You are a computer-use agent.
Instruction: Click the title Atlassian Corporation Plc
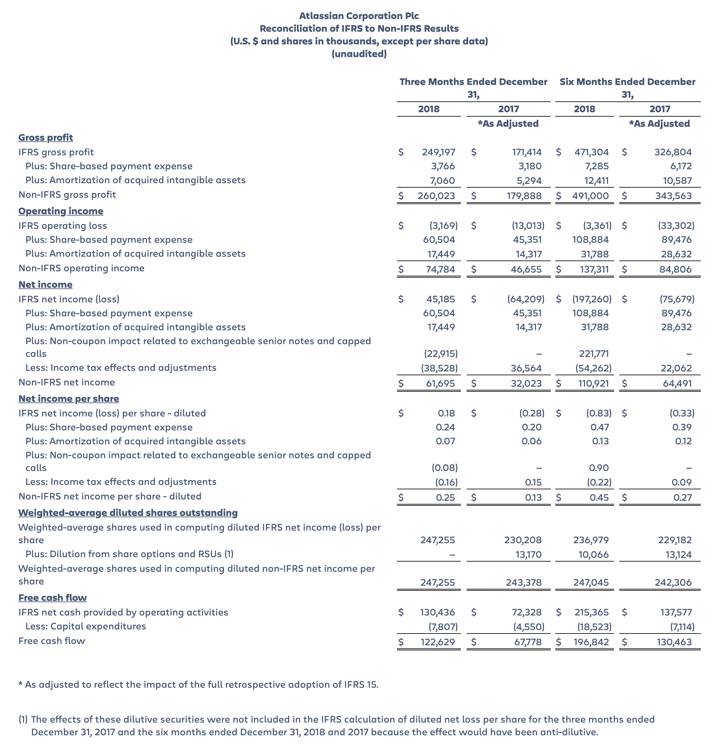pos(359,16)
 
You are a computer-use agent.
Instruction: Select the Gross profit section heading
pos(46,138)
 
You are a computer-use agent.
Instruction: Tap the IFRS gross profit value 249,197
pos(438,152)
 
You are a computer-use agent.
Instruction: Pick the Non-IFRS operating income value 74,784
pos(440,269)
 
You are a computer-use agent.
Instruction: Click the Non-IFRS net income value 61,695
pos(440,383)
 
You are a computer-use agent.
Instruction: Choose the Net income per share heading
pos(69,399)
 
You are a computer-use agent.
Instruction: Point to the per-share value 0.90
pos(599,468)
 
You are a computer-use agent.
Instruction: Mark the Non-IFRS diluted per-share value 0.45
pos(599,498)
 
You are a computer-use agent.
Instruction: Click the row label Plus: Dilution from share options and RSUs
pos(129,554)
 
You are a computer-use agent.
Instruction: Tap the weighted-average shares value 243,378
pos(523,582)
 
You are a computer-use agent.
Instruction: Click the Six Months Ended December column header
pos(627,82)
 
